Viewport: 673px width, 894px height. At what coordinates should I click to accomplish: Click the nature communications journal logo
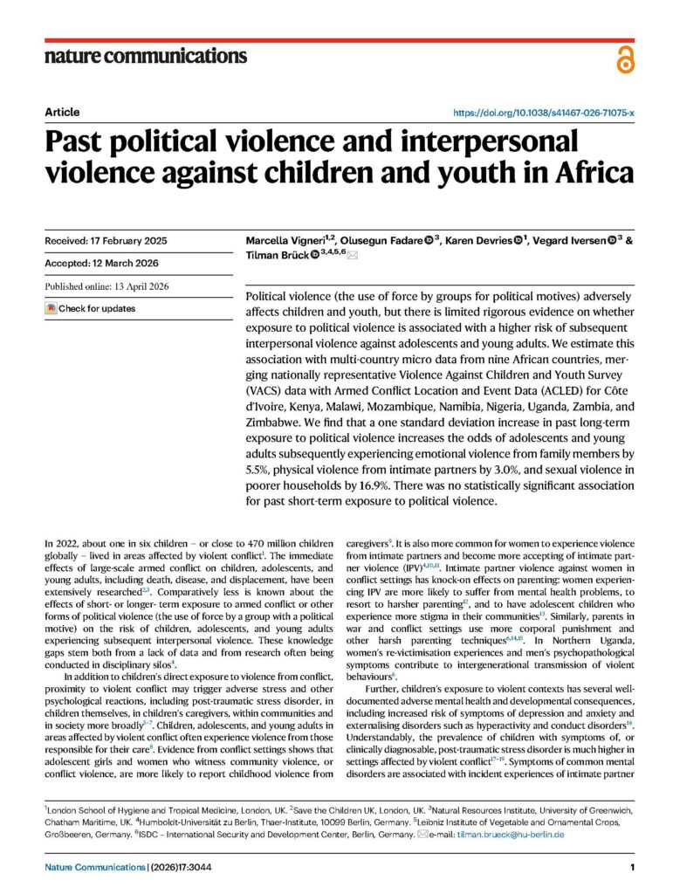[x=146, y=57]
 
